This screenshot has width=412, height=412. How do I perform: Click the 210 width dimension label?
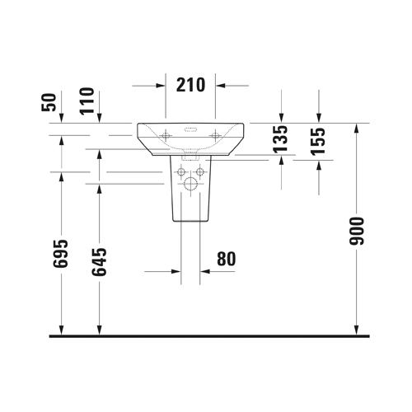[190, 85]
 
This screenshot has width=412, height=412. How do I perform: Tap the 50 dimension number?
[49, 102]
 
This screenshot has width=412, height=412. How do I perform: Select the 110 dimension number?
[87, 101]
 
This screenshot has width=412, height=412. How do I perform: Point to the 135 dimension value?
[280, 139]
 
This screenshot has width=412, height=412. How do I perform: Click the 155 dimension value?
[318, 142]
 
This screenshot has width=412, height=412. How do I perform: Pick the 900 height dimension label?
[357, 231]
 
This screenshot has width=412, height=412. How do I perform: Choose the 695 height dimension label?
[60, 254]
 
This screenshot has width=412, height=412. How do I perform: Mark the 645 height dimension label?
[99, 262]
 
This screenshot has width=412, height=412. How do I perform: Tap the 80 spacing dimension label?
[227, 259]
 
